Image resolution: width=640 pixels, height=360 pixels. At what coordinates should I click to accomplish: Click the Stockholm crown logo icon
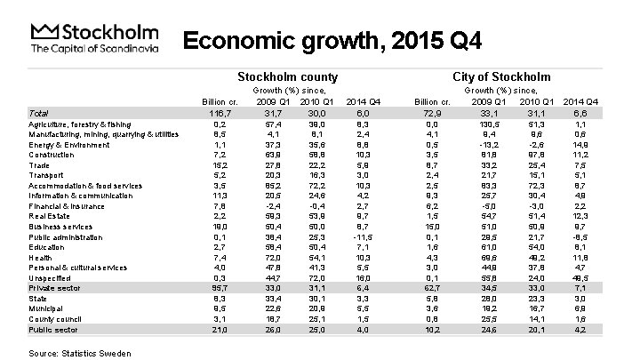pyautogui.click(x=43, y=32)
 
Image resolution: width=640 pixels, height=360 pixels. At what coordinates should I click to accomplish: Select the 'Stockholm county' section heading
pyautogui.click(x=289, y=77)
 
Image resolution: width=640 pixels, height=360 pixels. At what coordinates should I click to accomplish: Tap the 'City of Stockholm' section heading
pyautogui.click(x=501, y=77)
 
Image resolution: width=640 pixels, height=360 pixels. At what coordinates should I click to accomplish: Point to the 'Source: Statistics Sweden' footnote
pyautogui.click(x=79, y=353)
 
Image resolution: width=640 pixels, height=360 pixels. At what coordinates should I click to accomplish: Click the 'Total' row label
pyautogui.click(x=38, y=114)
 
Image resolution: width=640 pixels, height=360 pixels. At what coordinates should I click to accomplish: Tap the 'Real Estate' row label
pyautogui.click(x=49, y=214)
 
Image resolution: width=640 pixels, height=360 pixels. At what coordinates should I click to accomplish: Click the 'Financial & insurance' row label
pyautogui.click(x=67, y=204)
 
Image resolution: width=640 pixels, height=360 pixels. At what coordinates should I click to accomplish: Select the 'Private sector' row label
pyautogui.click(x=54, y=286)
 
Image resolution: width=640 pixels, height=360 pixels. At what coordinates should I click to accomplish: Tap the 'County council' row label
pyautogui.click(x=55, y=317)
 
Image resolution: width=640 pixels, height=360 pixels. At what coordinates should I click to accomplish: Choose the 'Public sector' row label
pyautogui.click(x=52, y=328)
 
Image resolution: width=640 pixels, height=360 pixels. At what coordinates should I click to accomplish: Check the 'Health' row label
pyautogui.click(x=41, y=255)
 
